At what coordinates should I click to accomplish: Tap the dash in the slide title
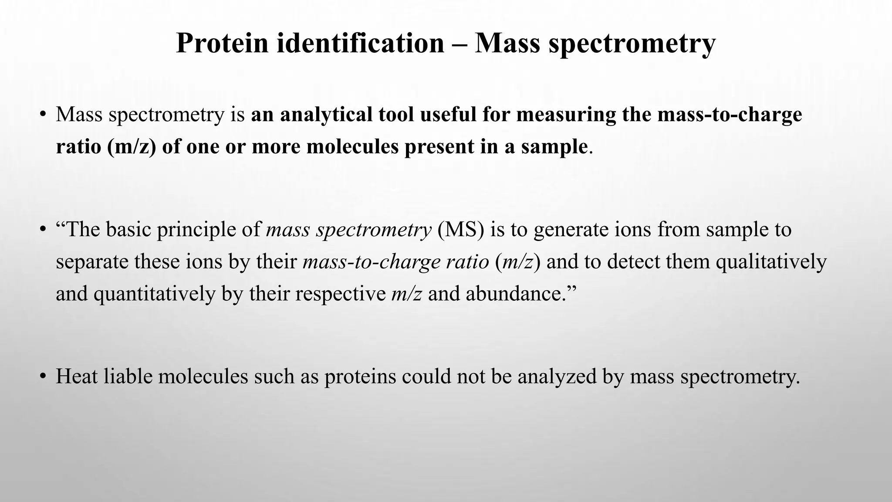pyautogui.click(x=459, y=44)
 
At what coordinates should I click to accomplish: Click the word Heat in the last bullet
pyautogui.click(x=77, y=376)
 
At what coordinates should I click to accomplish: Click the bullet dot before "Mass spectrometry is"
pyautogui.click(x=42, y=115)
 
